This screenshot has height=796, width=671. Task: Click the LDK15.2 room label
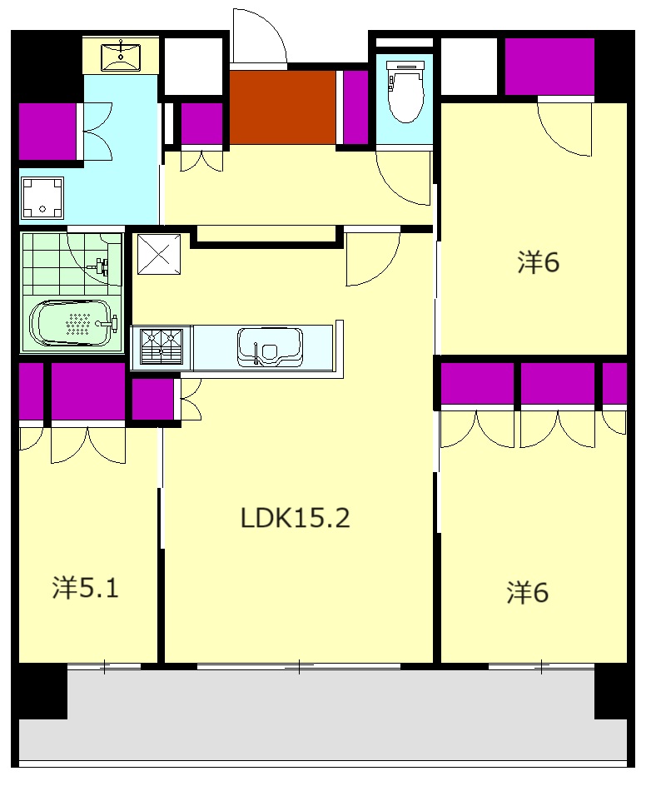coord(295,518)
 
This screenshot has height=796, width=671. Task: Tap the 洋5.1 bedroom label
coord(85,587)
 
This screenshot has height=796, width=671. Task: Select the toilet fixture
coord(405,92)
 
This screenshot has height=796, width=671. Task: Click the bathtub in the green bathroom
coord(71,323)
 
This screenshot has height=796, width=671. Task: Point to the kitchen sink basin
coord(270,347)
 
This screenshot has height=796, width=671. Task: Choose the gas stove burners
coord(162,346)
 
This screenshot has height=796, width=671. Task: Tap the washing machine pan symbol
coord(42,197)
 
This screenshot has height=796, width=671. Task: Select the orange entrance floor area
coord(282,107)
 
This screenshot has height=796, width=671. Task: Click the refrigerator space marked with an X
coord(159,254)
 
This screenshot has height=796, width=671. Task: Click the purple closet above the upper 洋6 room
coord(549,66)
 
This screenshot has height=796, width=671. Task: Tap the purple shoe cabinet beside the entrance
coord(355,107)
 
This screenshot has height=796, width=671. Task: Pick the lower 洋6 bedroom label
coord(527,593)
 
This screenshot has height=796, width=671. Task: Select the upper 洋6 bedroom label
coord(538,262)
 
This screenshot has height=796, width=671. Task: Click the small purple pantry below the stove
coord(153,400)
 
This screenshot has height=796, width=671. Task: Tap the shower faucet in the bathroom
coord(102,266)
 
